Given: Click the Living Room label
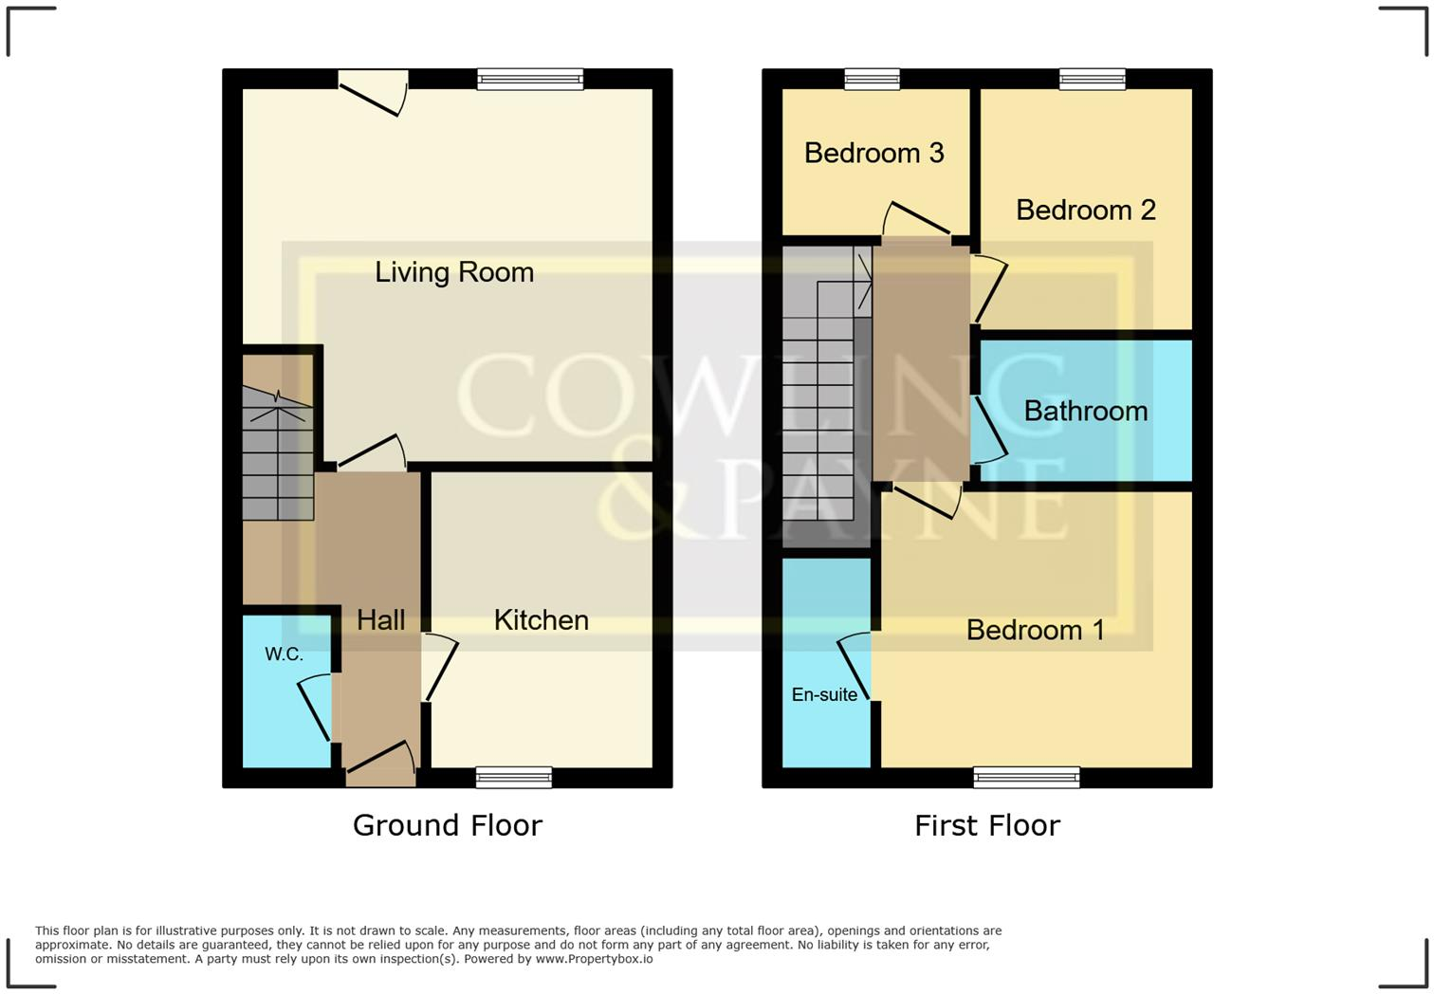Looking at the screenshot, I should coord(454,272).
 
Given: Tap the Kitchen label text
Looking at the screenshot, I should coord(541,620).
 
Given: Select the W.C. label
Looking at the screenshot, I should coord(284,654).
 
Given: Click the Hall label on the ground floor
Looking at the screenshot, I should coord(380,620).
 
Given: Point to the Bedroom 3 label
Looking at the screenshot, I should coord(873,153).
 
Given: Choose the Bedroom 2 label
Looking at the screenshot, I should coord(1085,210).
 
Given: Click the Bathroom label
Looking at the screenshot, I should coord(1085,411).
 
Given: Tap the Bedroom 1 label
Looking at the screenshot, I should coord(1035,630).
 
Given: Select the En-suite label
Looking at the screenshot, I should coord(824,695).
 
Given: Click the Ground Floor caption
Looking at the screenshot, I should coord(447,825).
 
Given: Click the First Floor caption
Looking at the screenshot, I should coord(986,825).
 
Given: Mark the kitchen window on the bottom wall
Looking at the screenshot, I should coord(513,778).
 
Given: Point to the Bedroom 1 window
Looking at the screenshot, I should coord(1026,778).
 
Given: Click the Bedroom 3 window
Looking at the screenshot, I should coord(872,79).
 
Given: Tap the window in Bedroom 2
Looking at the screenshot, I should coord(1092,79).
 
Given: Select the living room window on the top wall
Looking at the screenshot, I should coord(530,79).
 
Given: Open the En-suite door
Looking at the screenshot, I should coord(855,666).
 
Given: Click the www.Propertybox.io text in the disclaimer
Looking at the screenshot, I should coord(594,959).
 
